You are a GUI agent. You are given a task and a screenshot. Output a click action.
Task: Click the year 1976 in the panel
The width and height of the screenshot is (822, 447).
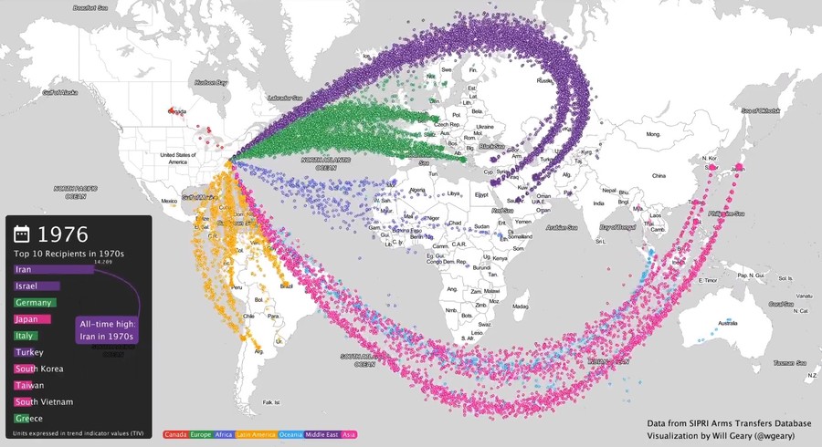click(x=63, y=234)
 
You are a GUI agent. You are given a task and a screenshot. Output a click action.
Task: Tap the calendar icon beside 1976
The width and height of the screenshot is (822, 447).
click(x=23, y=234)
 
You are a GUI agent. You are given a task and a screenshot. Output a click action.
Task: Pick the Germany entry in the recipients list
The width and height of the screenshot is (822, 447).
click(x=36, y=303)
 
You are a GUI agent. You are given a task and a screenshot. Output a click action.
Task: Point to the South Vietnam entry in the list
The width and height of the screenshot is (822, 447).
click(x=44, y=401)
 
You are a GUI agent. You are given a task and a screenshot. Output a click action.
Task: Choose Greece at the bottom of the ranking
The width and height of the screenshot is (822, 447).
click(x=28, y=418)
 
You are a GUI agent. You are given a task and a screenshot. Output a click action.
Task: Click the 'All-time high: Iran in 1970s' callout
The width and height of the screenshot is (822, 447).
click(x=107, y=330)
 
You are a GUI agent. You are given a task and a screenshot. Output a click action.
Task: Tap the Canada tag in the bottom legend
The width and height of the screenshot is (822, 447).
click(x=175, y=436)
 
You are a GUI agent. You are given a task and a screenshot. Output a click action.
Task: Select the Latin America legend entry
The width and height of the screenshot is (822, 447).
click(x=258, y=436)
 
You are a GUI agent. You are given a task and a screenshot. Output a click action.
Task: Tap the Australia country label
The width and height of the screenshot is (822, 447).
click(x=728, y=323)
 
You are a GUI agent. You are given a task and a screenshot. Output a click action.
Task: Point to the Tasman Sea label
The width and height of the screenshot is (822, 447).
click(x=784, y=363)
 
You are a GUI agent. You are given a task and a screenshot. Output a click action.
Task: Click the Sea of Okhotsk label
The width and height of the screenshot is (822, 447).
click(x=760, y=110)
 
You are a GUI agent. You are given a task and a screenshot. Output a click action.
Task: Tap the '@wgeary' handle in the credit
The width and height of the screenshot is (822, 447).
click(x=769, y=436)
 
